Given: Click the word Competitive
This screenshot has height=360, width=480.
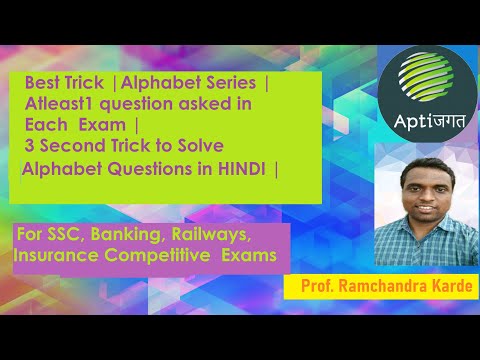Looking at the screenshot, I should [158, 256].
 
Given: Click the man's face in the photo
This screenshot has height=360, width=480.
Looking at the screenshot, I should [417, 192].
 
